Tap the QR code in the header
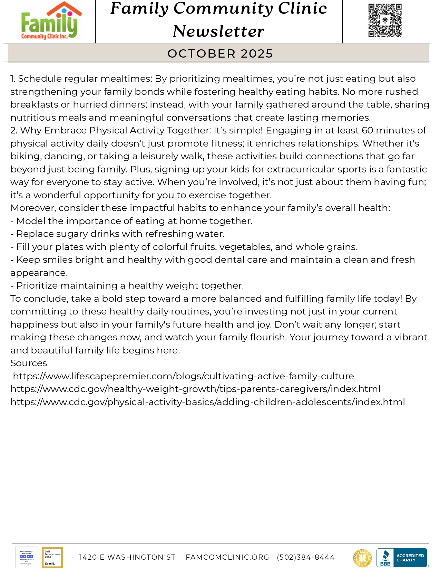pyautogui.click(x=385, y=20)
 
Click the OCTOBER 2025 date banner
pyautogui.click(x=220, y=53)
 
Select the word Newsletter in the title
pyautogui.click(x=218, y=31)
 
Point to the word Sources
pyautogui.click(x=29, y=363)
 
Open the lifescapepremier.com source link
pyautogui.click(x=183, y=376)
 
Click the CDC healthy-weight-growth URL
pyautogui.click(x=195, y=389)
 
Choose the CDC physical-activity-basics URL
pyautogui.click(x=207, y=402)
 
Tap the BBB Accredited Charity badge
pyautogui.click(x=401, y=558)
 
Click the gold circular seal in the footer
pyautogui.click(x=362, y=558)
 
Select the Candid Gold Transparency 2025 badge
pyautogui.click(x=52, y=557)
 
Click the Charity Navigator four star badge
pyautogui.click(x=27, y=557)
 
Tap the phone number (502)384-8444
pyautogui.click(x=305, y=557)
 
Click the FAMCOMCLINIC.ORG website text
pyautogui.click(x=227, y=557)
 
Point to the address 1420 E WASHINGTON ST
pyautogui.click(x=127, y=557)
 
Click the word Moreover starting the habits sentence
pyautogui.click(x=33, y=208)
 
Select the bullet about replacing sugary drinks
pyautogui.click(x=117, y=234)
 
